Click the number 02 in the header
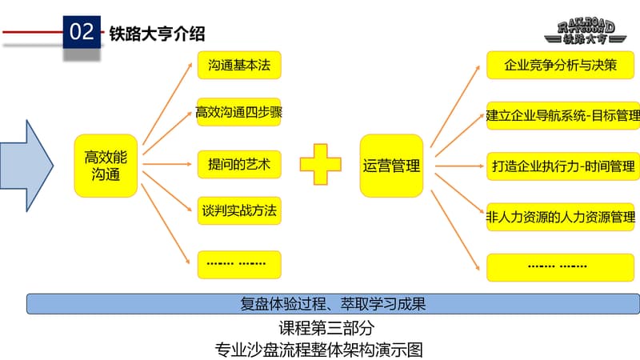point(83,33)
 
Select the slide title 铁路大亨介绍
point(157,33)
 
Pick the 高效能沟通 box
point(106,166)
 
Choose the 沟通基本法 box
point(240,65)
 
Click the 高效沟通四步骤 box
point(239,114)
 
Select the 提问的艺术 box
point(239,166)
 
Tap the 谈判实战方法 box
point(239,212)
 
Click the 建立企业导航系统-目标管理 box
point(562,117)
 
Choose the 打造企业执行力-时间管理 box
point(562,166)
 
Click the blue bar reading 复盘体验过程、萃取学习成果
point(332,304)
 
